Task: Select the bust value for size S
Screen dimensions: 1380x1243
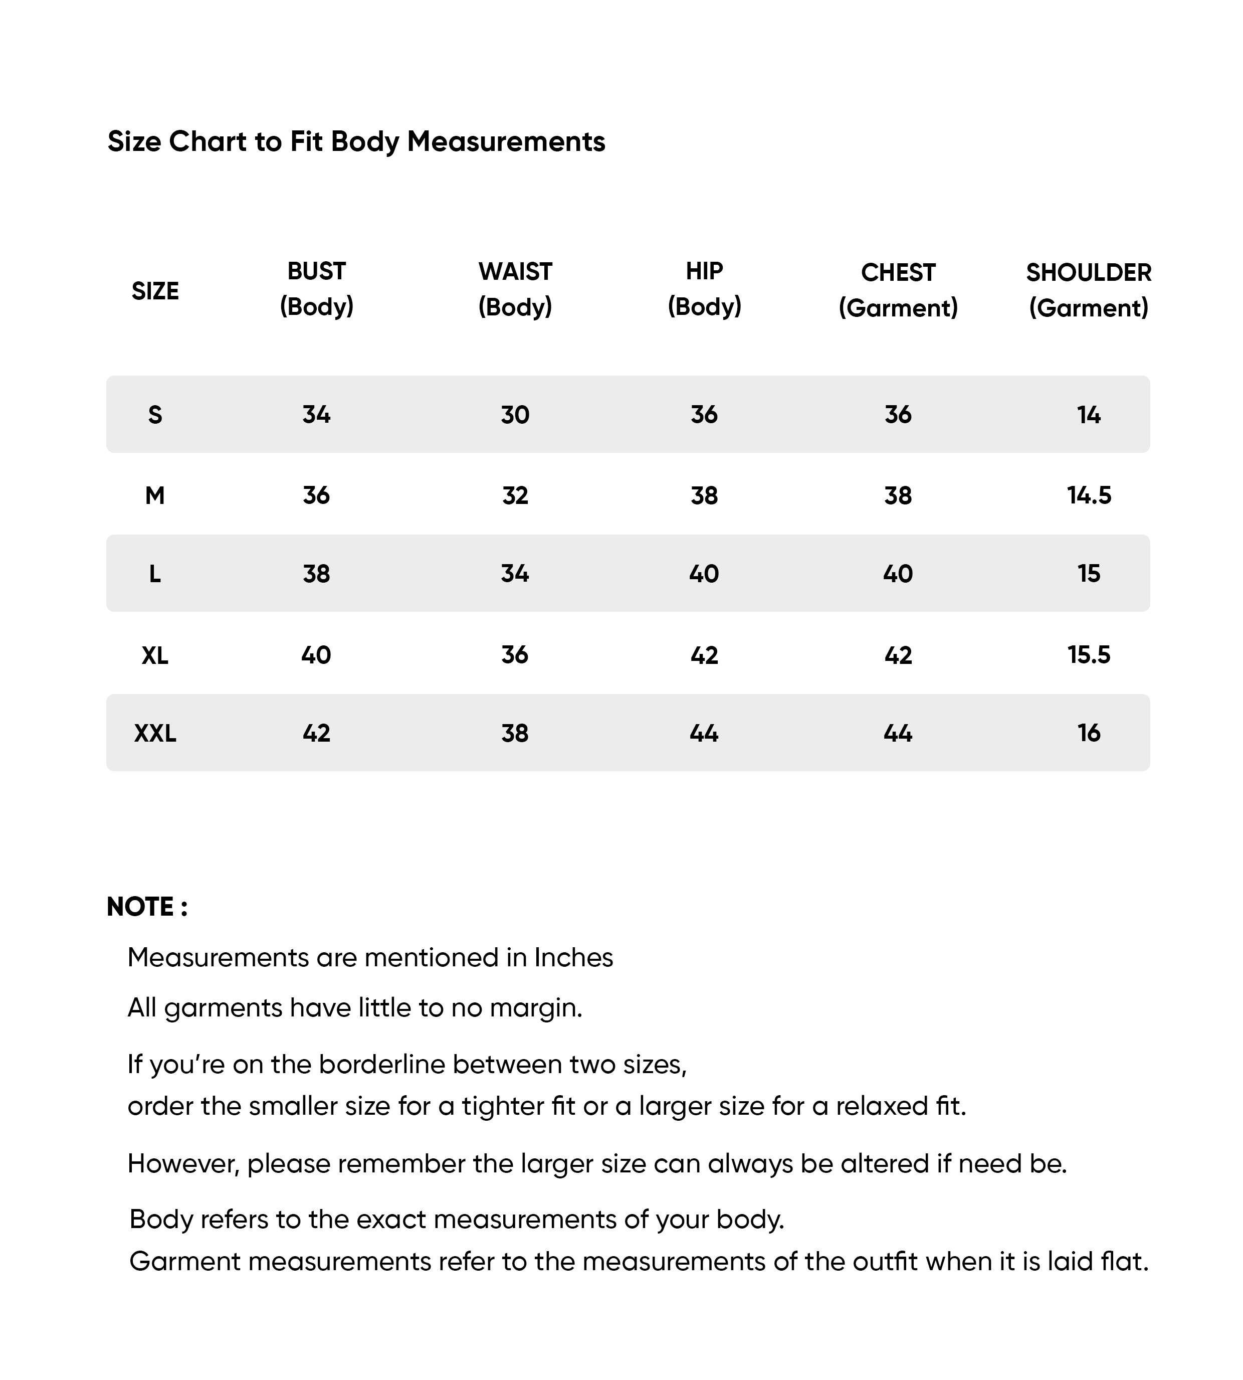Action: (316, 415)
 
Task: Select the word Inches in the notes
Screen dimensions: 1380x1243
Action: (574, 958)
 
